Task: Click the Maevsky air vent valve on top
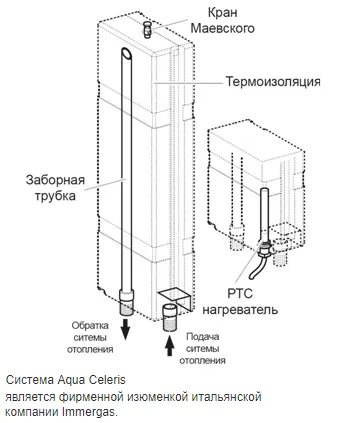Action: (148, 29)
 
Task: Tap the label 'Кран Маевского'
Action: (222, 21)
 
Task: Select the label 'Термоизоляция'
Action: (273, 82)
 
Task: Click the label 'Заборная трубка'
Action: (55, 188)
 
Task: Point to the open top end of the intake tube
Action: (126, 53)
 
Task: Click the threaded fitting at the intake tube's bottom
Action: (127, 302)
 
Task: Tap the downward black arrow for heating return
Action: (125, 329)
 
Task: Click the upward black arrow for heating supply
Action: (170, 345)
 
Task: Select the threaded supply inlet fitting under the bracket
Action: (170, 317)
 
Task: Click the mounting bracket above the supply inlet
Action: (176, 299)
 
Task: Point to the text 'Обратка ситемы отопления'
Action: (90, 337)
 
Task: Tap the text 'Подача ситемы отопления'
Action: (202, 348)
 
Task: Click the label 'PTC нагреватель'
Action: (240, 302)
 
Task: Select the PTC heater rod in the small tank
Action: (264, 214)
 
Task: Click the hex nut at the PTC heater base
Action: (264, 249)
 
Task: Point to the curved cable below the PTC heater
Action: (256, 269)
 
